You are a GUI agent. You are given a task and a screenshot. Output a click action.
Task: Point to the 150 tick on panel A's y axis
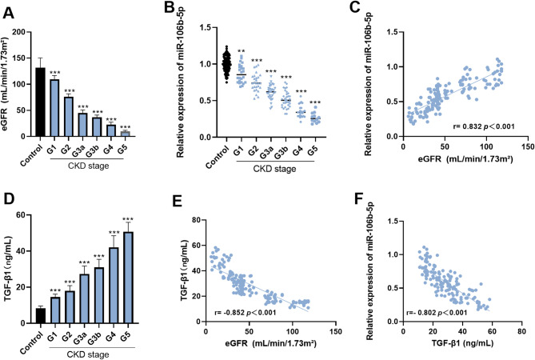click(x=23, y=33)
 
